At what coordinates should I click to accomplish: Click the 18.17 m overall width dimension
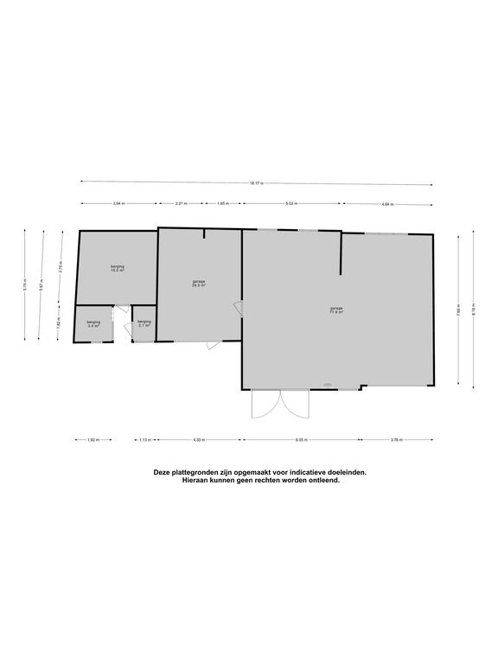pos(255,183)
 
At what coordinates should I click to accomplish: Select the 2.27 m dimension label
pos(181,204)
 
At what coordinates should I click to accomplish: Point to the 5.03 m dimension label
pos(291,204)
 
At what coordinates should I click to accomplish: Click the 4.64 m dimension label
pos(387,204)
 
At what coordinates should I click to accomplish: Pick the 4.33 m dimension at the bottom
pos(199,440)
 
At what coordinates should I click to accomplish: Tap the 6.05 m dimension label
pos(300,440)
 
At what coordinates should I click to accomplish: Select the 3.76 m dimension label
pos(397,440)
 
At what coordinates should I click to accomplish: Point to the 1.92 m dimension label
pos(93,440)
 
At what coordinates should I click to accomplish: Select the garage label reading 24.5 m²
pos(199,284)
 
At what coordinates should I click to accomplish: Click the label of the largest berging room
pos(117,268)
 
